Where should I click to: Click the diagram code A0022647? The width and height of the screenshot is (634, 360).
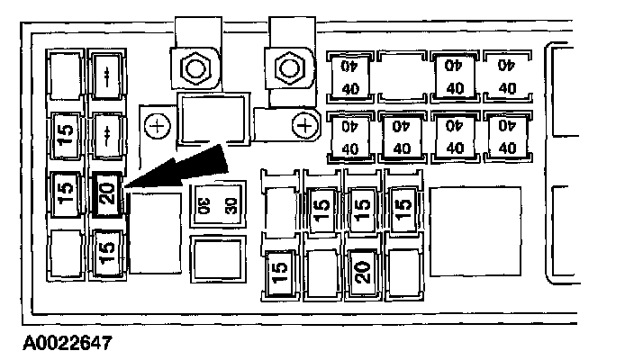tap(56, 342)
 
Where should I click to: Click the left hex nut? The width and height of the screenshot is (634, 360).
tap(192, 67)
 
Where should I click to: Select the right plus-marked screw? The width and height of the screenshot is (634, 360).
tap(306, 126)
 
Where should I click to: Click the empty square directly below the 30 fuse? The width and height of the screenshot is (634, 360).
tap(218, 260)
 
